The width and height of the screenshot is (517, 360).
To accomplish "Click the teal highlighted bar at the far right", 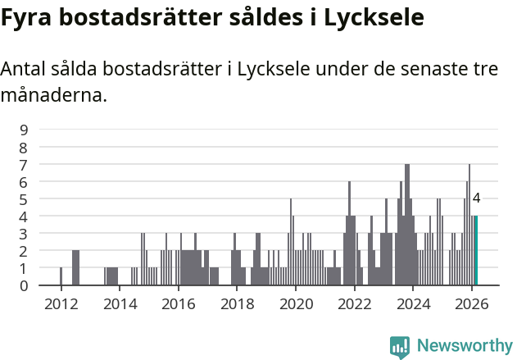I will pos(475,251).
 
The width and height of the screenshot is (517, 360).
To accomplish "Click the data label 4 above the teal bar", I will pos(476,198).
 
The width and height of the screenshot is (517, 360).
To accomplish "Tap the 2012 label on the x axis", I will pos(61,304).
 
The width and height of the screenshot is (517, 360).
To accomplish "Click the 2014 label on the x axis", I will pos(120,304).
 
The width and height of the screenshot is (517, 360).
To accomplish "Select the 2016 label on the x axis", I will pos(178,304).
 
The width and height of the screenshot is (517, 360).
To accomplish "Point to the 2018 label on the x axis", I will pos(237,304).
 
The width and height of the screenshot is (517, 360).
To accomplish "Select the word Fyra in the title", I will pos(26,16).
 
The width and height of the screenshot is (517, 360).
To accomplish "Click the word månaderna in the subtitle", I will pos(53,95).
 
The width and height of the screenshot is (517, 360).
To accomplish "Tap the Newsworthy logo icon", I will pos(400,345).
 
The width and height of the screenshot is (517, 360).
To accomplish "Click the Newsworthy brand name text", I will pos(465,345).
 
